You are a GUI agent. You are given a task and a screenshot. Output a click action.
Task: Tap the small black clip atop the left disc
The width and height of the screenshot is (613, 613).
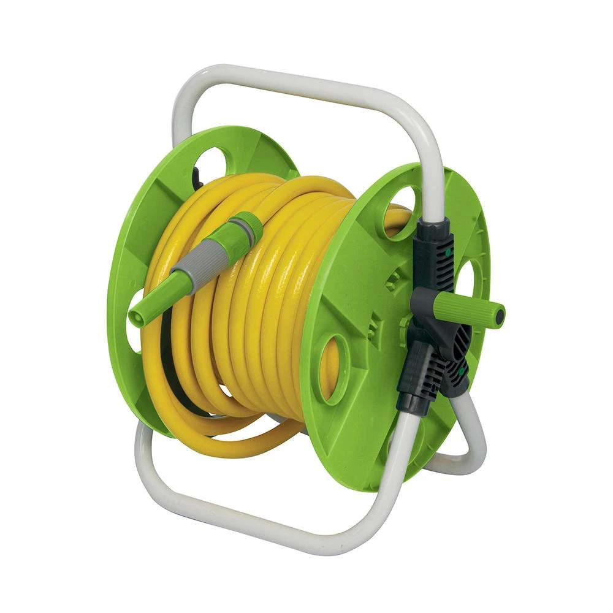pos(197,178)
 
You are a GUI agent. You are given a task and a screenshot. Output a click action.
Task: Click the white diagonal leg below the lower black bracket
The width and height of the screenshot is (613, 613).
pos(392,466)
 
